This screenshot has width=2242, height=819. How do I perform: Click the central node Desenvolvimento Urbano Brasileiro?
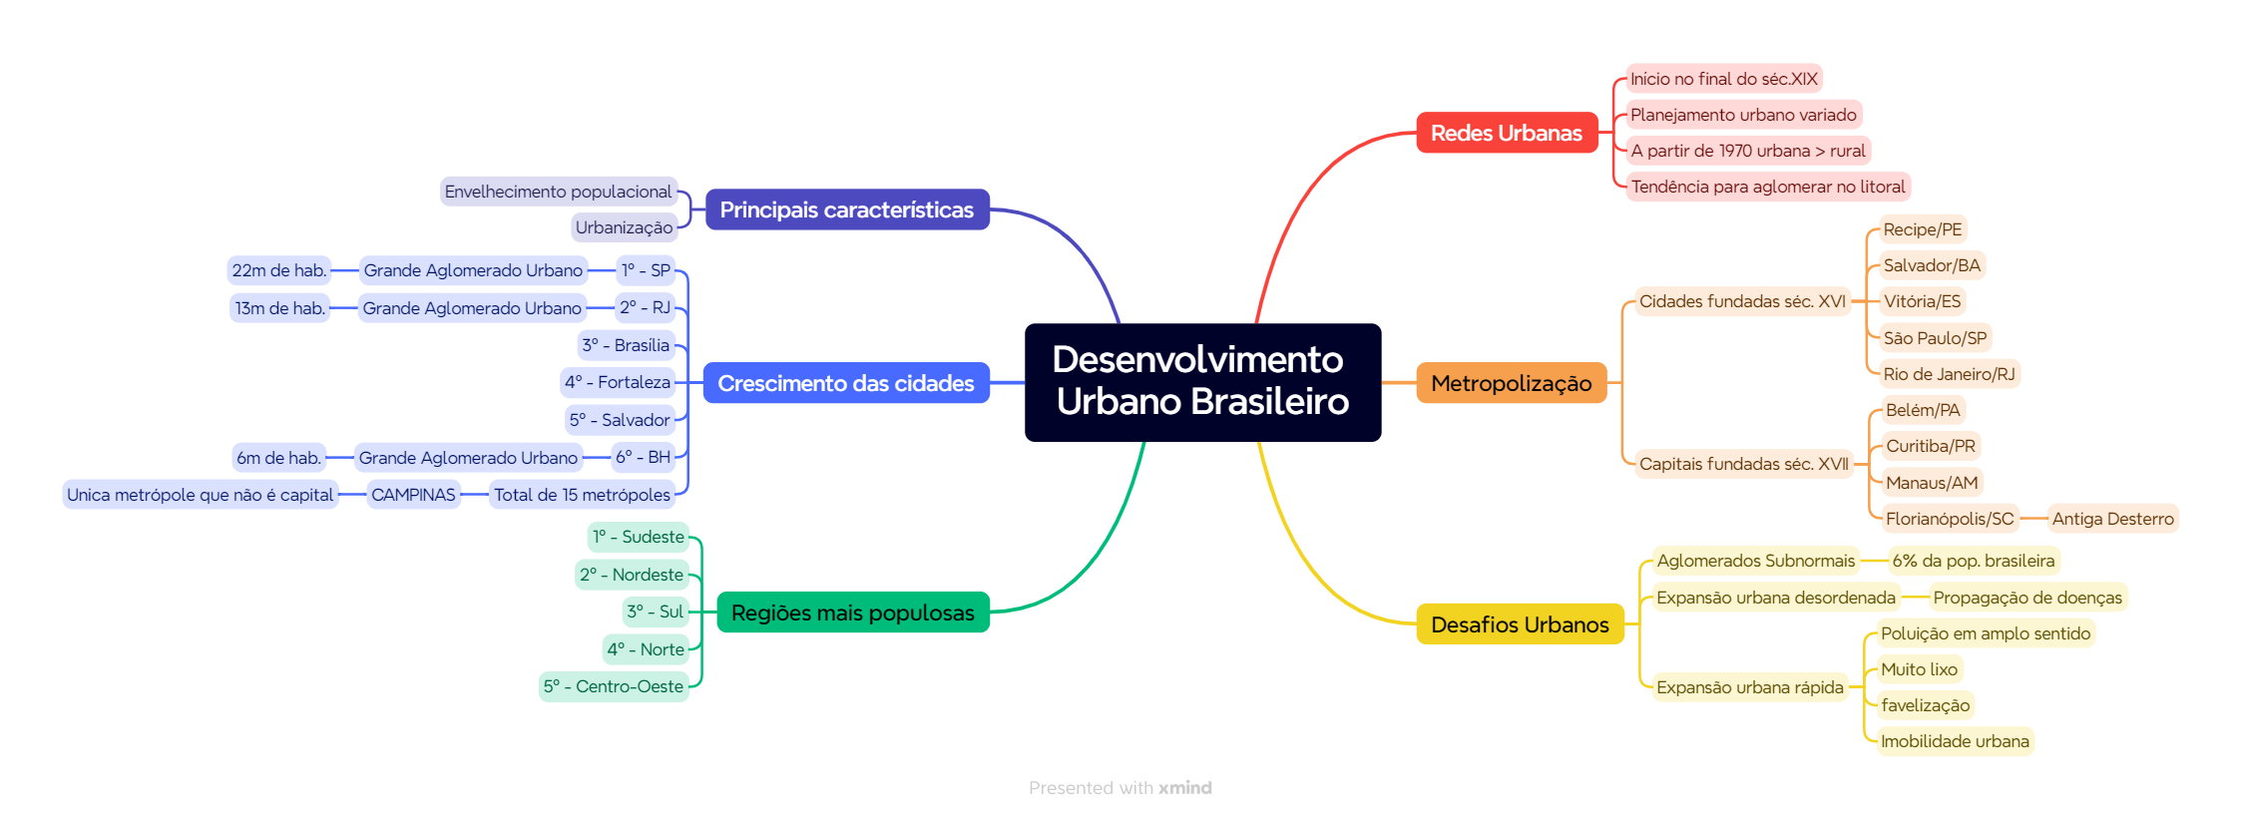click(x=1202, y=381)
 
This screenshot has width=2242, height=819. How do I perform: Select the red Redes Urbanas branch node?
click(x=1506, y=133)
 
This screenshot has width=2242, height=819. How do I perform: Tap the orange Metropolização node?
click(x=1511, y=383)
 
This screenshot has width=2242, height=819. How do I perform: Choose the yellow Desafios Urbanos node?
click(x=1519, y=624)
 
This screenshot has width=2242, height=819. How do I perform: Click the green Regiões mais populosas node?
click(x=852, y=613)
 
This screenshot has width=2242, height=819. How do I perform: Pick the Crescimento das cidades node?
click(x=845, y=383)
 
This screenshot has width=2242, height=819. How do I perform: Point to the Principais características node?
click(x=846, y=209)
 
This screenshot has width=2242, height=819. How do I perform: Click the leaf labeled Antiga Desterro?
click(x=2112, y=519)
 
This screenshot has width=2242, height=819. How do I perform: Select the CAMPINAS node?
click(x=413, y=495)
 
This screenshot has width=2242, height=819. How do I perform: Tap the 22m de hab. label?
click(x=278, y=270)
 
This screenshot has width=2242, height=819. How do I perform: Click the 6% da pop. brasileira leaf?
click(x=1973, y=561)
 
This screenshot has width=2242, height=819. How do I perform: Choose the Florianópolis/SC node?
click(x=1949, y=519)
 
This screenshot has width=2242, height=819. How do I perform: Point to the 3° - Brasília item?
click(x=626, y=345)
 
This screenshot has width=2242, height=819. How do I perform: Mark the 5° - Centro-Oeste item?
click(x=613, y=686)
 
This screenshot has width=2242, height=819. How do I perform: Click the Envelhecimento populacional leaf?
click(x=558, y=192)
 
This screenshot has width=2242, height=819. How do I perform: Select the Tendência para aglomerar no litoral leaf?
click(x=1767, y=187)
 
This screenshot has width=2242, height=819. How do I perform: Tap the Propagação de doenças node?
click(x=2026, y=598)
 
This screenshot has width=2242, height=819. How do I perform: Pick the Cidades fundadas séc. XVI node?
click(x=1742, y=301)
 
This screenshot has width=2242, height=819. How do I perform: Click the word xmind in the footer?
click(x=1184, y=788)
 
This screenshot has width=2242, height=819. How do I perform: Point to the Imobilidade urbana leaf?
click(x=1954, y=741)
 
